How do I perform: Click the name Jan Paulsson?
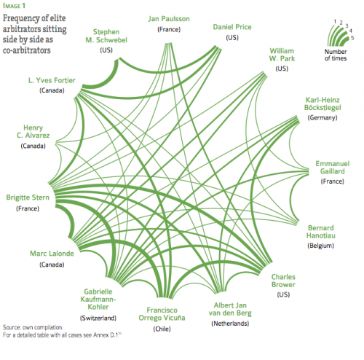pyautogui.click(x=169, y=19)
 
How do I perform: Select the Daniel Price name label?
pyautogui.click(x=232, y=27)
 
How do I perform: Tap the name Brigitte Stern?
pyautogui.click(x=28, y=197)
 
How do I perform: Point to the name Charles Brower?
pyautogui.click(x=283, y=281)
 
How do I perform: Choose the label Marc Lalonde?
pyautogui.click(x=52, y=254)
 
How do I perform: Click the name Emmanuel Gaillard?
pyautogui.click(x=333, y=168)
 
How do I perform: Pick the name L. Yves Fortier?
pyautogui.click(x=52, y=80)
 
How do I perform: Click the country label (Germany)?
pyautogui.click(x=323, y=118)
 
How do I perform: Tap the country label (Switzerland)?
pyautogui.click(x=98, y=318)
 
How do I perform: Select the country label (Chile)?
pyautogui.click(x=162, y=329)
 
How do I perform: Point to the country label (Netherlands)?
pyautogui.click(x=230, y=324)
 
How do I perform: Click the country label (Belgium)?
pyautogui.click(x=320, y=246)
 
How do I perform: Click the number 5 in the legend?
pyautogui.click(x=352, y=38)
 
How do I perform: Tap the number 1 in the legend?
pyautogui.click(x=335, y=22)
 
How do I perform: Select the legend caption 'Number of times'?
pyautogui.click(x=336, y=55)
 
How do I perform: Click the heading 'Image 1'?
pyautogui.click(x=14, y=6)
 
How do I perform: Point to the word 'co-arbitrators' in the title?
pyautogui.click(x=27, y=50)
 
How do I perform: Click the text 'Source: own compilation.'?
pyautogui.click(x=33, y=327)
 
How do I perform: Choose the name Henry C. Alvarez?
pyautogui.click(x=33, y=131)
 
